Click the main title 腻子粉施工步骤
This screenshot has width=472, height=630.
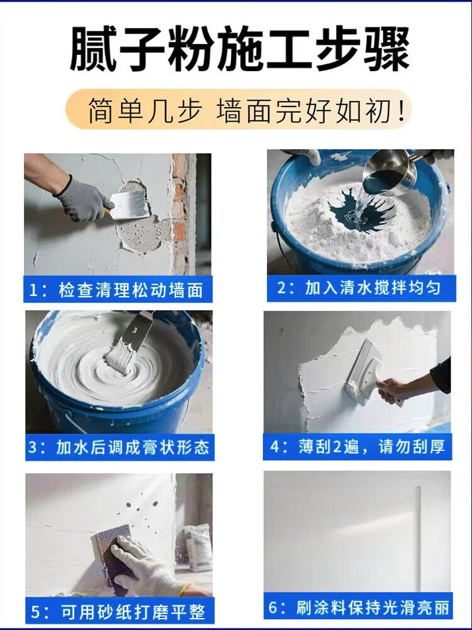click(240, 49)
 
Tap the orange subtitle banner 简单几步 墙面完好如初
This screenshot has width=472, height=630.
click(239, 109)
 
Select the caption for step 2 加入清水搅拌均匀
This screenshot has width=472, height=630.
click(361, 288)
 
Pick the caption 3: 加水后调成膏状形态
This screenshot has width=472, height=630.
click(120, 447)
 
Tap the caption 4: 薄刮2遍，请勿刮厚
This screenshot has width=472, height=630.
click(357, 447)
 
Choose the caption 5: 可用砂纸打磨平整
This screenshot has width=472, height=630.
click(120, 612)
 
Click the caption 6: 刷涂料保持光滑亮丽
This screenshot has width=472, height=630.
click(358, 606)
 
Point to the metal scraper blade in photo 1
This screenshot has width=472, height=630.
click(128, 205)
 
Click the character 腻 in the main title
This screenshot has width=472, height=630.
click(93, 49)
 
